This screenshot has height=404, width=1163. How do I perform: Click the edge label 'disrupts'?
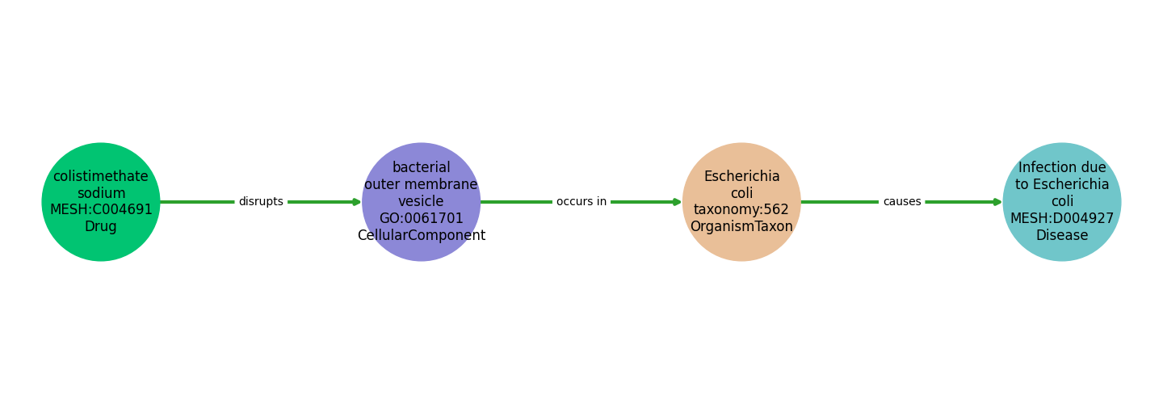pos(261,202)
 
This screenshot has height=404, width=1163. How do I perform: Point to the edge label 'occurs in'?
pos(581,202)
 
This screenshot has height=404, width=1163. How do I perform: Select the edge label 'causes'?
pos(901,202)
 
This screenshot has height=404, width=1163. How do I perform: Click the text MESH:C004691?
pos(101,210)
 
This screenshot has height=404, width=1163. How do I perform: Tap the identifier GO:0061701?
pos(421,219)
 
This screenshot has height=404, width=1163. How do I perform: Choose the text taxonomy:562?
pos(741,210)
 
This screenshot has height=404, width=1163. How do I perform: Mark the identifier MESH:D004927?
pos(1062,219)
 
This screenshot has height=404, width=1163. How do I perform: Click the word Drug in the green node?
pos(101,227)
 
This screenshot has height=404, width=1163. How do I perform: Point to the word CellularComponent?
pos(421,236)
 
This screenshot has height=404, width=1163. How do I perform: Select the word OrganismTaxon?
pos(741,227)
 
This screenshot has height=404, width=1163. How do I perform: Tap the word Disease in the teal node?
pos(1062,236)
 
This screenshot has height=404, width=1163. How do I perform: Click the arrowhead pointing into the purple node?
pos(356,202)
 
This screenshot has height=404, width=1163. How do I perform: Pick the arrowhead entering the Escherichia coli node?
pos(677,202)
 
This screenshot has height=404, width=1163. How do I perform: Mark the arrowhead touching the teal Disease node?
pos(997,202)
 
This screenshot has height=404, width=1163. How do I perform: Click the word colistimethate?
pos(101,176)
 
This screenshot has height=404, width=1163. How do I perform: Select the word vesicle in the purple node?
pos(421,202)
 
